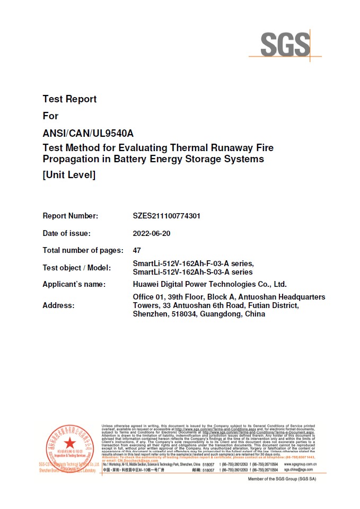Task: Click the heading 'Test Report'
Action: coord(69,99)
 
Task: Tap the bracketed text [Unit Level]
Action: coord(69,174)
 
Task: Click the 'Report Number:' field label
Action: coord(70,216)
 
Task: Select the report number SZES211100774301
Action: coord(166,216)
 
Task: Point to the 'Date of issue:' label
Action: coord(66,233)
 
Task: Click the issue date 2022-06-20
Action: coord(152,233)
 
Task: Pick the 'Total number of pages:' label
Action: coord(83,250)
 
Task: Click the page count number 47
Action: coord(137,250)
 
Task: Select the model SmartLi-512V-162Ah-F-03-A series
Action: coord(193,264)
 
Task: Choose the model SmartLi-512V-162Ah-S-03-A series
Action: coord(193,272)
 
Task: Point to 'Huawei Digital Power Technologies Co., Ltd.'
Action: coord(209,284)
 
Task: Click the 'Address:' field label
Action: coord(58,305)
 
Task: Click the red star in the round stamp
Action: coord(69,444)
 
